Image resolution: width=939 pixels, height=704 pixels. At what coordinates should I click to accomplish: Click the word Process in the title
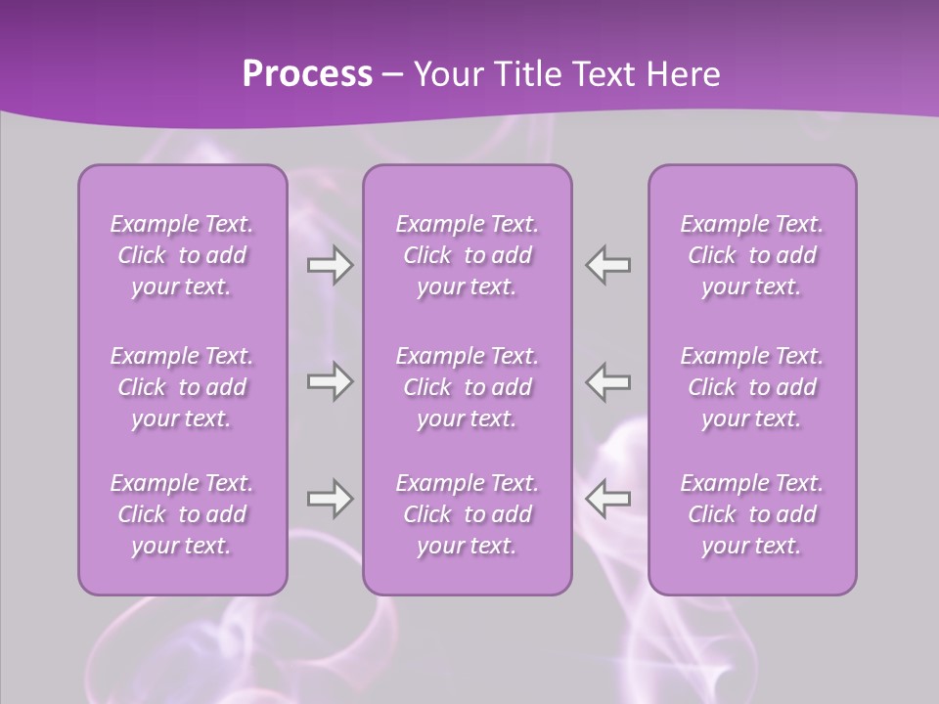point(307,73)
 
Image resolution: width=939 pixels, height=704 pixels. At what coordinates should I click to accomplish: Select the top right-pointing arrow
point(330,265)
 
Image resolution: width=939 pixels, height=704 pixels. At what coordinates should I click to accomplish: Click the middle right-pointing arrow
point(330,381)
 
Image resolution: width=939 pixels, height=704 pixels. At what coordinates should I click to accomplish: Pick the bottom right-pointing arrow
point(330,499)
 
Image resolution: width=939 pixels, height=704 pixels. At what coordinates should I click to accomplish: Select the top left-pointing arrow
point(608,265)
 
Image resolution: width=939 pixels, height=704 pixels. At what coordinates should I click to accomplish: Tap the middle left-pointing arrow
point(608,381)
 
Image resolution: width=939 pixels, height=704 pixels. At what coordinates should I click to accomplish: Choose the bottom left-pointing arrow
point(608,499)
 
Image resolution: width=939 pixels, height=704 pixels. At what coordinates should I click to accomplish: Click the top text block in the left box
point(182,255)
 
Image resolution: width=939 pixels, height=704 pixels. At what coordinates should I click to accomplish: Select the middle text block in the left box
point(182,387)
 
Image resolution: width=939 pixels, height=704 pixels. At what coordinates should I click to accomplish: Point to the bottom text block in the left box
point(182,514)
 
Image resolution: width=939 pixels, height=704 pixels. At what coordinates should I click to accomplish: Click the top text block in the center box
point(468,255)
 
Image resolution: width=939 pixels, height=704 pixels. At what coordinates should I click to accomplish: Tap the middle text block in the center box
point(468,387)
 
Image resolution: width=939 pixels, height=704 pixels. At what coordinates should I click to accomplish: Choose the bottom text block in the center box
point(468,514)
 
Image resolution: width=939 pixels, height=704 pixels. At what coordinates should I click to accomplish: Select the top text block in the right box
point(752,255)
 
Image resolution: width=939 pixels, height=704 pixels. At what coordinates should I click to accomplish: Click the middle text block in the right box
point(752,387)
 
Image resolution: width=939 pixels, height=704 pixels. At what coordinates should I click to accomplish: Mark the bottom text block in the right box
point(752,514)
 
